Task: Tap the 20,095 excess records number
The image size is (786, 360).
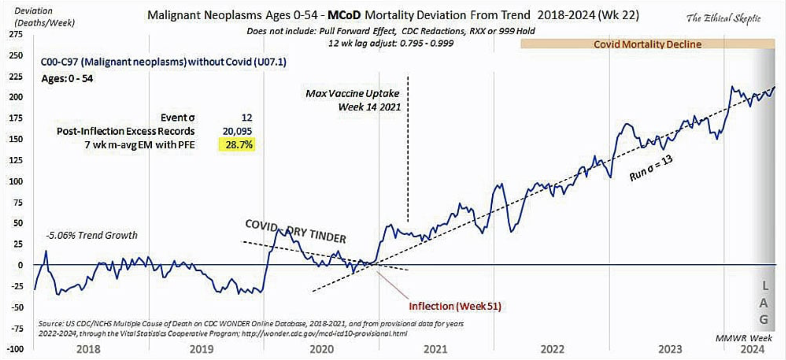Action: click(237, 131)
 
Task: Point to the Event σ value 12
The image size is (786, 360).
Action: click(246, 117)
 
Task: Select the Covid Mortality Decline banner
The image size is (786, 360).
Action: click(647, 44)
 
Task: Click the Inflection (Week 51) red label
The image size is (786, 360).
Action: click(455, 306)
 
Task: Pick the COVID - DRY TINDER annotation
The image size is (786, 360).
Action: click(295, 231)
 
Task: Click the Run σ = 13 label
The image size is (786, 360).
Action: click(651, 168)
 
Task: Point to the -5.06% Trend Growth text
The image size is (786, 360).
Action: click(91, 235)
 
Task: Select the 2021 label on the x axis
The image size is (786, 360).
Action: click(435, 349)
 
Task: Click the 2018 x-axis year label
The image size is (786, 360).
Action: click(88, 349)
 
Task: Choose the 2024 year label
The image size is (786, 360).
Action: click(752, 349)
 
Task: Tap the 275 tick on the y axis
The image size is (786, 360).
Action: click(16, 34)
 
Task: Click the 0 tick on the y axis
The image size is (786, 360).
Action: click(20, 265)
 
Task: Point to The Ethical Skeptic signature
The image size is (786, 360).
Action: click(723, 18)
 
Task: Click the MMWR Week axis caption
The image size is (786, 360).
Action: click(744, 338)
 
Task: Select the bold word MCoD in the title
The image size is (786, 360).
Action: click(344, 15)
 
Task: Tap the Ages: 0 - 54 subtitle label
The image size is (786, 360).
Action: click(67, 79)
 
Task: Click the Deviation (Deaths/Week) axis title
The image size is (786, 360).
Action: click(44, 17)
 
